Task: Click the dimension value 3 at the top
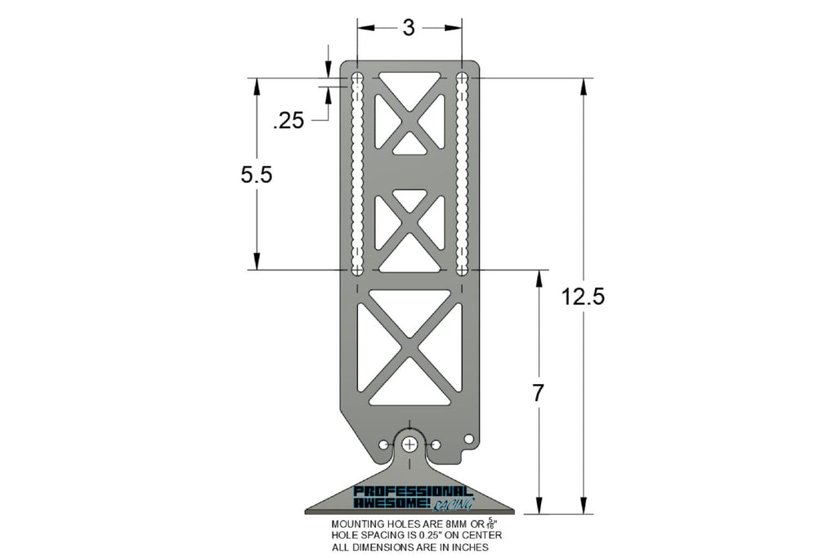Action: pyautogui.click(x=409, y=28)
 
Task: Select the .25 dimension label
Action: pyautogui.click(x=289, y=121)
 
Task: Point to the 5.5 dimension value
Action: pyautogui.click(x=256, y=175)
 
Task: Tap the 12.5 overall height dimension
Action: pyautogui.click(x=583, y=297)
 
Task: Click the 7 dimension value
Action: pyautogui.click(x=538, y=393)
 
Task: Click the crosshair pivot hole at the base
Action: pyautogui.click(x=410, y=444)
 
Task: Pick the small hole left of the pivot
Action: pyautogui.click(x=383, y=444)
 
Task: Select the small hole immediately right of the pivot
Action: pyautogui.click(x=436, y=444)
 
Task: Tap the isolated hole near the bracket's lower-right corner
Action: pyautogui.click(x=468, y=439)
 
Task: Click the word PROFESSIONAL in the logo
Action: pyautogui.click(x=413, y=492)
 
